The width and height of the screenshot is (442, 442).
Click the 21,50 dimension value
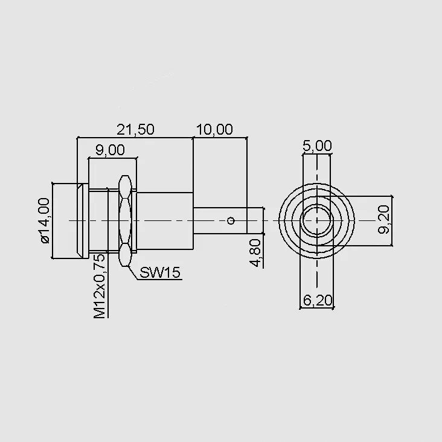tap(136, 129)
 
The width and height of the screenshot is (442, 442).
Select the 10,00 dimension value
tap(214, 129)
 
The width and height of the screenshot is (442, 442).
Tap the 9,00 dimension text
tap(110, 150)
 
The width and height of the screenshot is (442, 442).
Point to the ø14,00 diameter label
tap(45, 220)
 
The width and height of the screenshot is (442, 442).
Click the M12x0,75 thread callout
tap(100, 286)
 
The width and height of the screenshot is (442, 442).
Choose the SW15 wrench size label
tap(160, 272)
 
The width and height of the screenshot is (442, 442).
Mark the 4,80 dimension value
tap(255, 253)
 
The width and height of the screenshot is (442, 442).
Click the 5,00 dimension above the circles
tap(317, 146)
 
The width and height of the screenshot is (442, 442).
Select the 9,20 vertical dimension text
tap(383, 220)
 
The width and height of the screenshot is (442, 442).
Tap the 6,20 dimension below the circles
tap(318, 300)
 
